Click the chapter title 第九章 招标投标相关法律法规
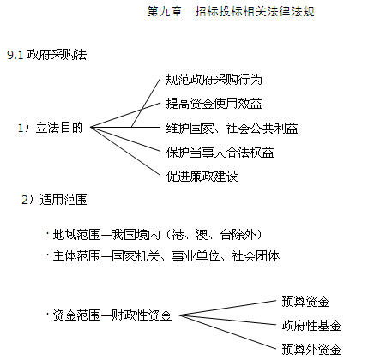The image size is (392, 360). [x=231, y=12]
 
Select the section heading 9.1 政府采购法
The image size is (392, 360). [x=47, y=55]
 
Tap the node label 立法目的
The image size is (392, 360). [x=59, y=128]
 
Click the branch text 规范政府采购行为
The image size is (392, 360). [x=214, y=80]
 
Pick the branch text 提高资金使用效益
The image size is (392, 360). [x=214, y=104]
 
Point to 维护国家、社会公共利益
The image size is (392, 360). [x=232, y=129]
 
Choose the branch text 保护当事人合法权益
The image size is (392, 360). [x=220, y=153]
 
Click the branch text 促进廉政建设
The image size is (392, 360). [x=202, y=177]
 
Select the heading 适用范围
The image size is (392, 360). [x=63, y=200]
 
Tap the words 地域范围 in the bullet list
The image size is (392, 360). [x=77, y=235]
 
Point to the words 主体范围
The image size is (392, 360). [x=77, y=256]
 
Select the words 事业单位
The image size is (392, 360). [x=196, y=256]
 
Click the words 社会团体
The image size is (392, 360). [x=256, y=256]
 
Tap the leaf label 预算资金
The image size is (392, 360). [x=305, y=302]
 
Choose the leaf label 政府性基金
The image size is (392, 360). [x=311, y=326]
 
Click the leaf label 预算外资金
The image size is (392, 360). [x=311, y=349]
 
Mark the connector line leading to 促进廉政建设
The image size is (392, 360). [x=125, y=152]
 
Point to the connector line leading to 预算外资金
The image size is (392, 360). [x=227, y=333]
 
